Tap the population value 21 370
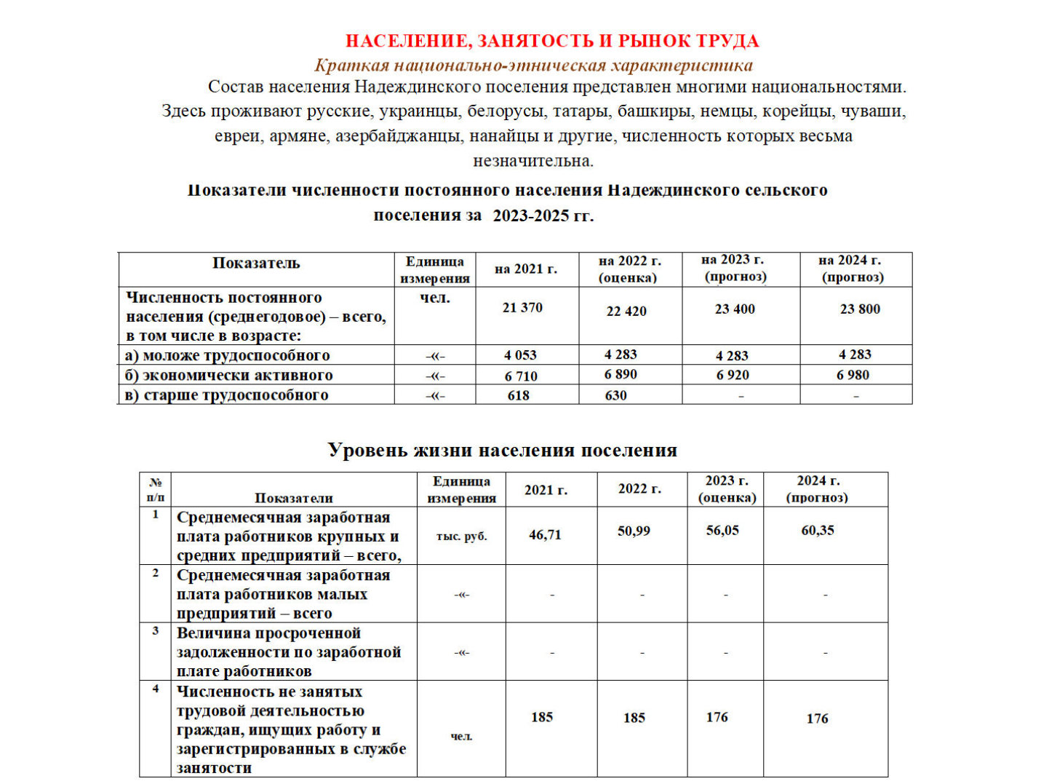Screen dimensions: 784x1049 pos(522,308)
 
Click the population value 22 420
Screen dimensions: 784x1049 pos(626,312)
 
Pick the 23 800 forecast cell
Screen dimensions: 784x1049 pos(860,309)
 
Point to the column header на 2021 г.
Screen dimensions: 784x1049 pos(526,269)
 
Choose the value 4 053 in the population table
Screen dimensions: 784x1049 pos(520,355)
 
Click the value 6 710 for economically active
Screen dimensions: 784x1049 pos(521,376)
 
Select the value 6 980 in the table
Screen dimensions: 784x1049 pos(853,375)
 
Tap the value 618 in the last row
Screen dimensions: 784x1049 pos(519,395)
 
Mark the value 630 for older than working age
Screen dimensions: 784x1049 pos(615,395)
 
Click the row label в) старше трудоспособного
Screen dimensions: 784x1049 pos(227,395)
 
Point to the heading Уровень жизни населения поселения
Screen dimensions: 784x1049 pos(502,450)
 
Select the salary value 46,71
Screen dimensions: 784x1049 pos(545,535)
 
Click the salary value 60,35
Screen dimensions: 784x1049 pos(818,531)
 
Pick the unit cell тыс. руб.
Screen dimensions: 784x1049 pos(461,536)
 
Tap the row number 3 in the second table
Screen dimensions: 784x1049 pos(156,631)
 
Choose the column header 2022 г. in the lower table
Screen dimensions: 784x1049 pos(639,489)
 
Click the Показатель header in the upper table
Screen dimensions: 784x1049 pos(256,264)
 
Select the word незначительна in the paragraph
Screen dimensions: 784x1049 pos(533,160)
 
